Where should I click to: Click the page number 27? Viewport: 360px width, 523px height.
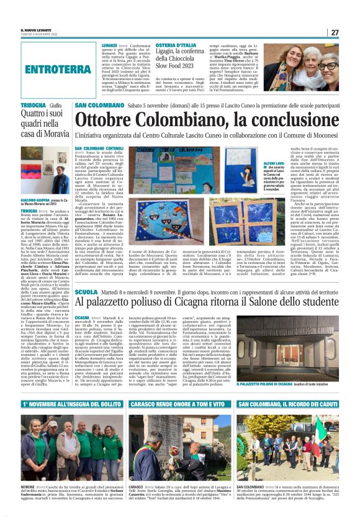pos(335,32)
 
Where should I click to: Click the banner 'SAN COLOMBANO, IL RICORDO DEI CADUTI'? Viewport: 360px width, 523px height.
pos(287,406)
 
